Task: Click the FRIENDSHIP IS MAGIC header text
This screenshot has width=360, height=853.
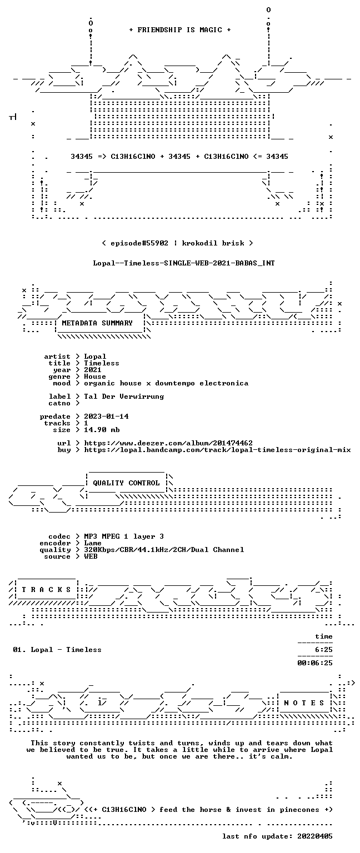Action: coord(180,29)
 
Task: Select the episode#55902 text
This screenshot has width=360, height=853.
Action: coord(139,243)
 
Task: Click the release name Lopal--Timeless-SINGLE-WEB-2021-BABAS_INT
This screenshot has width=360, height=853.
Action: coord(184,263)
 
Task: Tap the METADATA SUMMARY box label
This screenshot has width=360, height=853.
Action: coord(97,323)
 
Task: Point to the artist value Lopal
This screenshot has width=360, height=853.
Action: coord(95,357)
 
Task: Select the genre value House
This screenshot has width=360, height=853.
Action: coord(95,377)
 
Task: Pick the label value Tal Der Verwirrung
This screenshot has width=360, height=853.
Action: coord(124,397)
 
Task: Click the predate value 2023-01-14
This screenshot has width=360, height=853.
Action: coord(106,417)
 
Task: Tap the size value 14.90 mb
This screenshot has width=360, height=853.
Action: coord(102,430)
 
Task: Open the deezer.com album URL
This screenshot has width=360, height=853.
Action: coord(168,443)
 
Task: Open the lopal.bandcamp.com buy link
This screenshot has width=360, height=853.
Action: coord(218,450)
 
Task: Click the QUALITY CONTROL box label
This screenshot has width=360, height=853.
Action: coord(127,483)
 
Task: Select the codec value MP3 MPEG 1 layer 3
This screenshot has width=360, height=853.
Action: coord(124,536)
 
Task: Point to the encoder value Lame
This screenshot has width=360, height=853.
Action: coord(93,544)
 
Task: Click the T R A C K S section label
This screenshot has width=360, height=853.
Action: coord(46,589)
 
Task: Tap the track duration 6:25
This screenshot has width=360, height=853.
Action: coord(324,650)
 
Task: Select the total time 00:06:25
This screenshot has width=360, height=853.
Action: coord(315,663)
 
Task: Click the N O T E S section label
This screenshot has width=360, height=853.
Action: coord(304,703)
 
